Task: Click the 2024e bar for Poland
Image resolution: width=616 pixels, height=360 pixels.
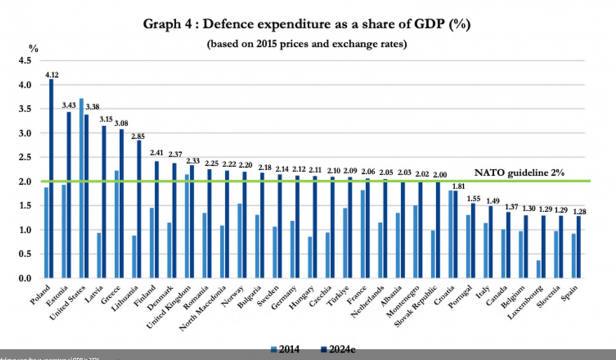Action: tap(51, 179)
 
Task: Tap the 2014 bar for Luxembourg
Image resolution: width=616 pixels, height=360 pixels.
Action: tap(538, 269)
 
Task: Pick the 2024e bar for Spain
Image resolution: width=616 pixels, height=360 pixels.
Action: tap(578, 247)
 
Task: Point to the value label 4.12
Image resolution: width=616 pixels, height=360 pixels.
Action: tap(51, 74)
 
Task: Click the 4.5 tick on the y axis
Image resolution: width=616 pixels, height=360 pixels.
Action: tap(25, 60)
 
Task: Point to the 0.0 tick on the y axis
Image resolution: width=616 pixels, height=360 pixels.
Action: tap(25, 279)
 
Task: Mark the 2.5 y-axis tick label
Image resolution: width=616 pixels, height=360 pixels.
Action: tap(25, 157)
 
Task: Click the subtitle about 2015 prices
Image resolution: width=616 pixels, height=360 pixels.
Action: tap(309, 44)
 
